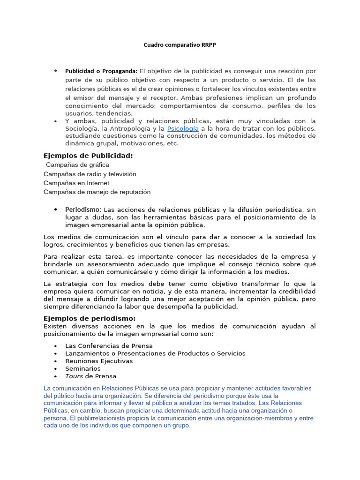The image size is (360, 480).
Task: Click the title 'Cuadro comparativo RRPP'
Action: (x=180, y=45)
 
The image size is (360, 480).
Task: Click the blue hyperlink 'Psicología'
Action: (x=183, y=128)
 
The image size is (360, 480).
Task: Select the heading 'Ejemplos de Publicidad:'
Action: (x=88, y=156)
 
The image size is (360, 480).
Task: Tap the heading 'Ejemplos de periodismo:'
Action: (x=89, y=319)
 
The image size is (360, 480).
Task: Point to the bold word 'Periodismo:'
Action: (x=83, y=210)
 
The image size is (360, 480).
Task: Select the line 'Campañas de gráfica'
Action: (x=77, y=165)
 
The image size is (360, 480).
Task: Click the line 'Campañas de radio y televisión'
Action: (x=90, y=174)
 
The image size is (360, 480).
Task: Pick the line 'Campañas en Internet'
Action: (x=76, y=183)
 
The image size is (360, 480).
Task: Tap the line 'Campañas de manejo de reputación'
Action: (x=97, y=192)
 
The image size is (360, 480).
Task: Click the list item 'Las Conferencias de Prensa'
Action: (x=109, y=346)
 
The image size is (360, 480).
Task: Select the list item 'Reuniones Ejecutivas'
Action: (x=99, y=361)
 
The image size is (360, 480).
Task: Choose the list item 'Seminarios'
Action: (x=82, y=368)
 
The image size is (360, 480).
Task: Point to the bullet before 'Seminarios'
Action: (x=56, y=369)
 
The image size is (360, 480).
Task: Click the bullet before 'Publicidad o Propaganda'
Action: (x=56, y=71)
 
